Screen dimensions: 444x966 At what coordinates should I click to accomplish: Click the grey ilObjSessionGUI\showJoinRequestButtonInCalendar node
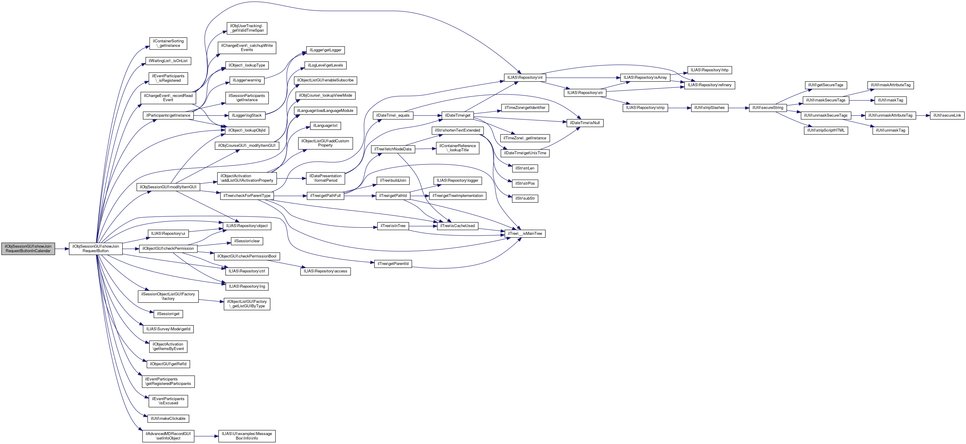coord(28,249)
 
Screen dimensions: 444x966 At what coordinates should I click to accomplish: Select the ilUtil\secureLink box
coord(947,115)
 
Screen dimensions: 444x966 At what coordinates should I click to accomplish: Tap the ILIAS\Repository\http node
coord(709,70)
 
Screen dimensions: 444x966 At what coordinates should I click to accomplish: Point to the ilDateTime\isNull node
coord(585,123)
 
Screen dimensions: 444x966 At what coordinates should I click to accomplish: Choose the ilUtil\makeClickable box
coord(168,418)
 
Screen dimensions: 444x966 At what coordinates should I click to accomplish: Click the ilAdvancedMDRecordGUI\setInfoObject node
coord(168,436)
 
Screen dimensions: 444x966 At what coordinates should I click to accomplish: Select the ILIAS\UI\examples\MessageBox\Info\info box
coord(247,436)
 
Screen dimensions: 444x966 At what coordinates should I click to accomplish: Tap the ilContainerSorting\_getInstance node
coord(168,43)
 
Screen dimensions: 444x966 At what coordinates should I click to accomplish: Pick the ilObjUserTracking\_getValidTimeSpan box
coord(247,28)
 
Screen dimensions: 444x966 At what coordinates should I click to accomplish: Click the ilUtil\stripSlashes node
coord(709,108)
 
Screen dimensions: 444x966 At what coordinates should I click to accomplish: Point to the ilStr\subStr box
coord(525,198)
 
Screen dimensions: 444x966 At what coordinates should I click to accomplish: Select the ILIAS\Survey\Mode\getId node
coord(168,329)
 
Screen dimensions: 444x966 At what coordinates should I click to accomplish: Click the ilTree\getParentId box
coord(393,264)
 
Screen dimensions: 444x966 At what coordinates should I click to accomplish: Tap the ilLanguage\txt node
coord(325,126)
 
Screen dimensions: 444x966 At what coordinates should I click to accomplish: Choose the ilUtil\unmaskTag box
coord(890,130)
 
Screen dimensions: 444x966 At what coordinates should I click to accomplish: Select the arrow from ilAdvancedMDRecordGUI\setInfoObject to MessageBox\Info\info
coord(206,436)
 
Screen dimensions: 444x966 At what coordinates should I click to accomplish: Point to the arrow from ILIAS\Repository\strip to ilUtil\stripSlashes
coord(679,108)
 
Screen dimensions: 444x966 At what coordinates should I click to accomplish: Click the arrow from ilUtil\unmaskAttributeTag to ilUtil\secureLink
coord(922,115)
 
